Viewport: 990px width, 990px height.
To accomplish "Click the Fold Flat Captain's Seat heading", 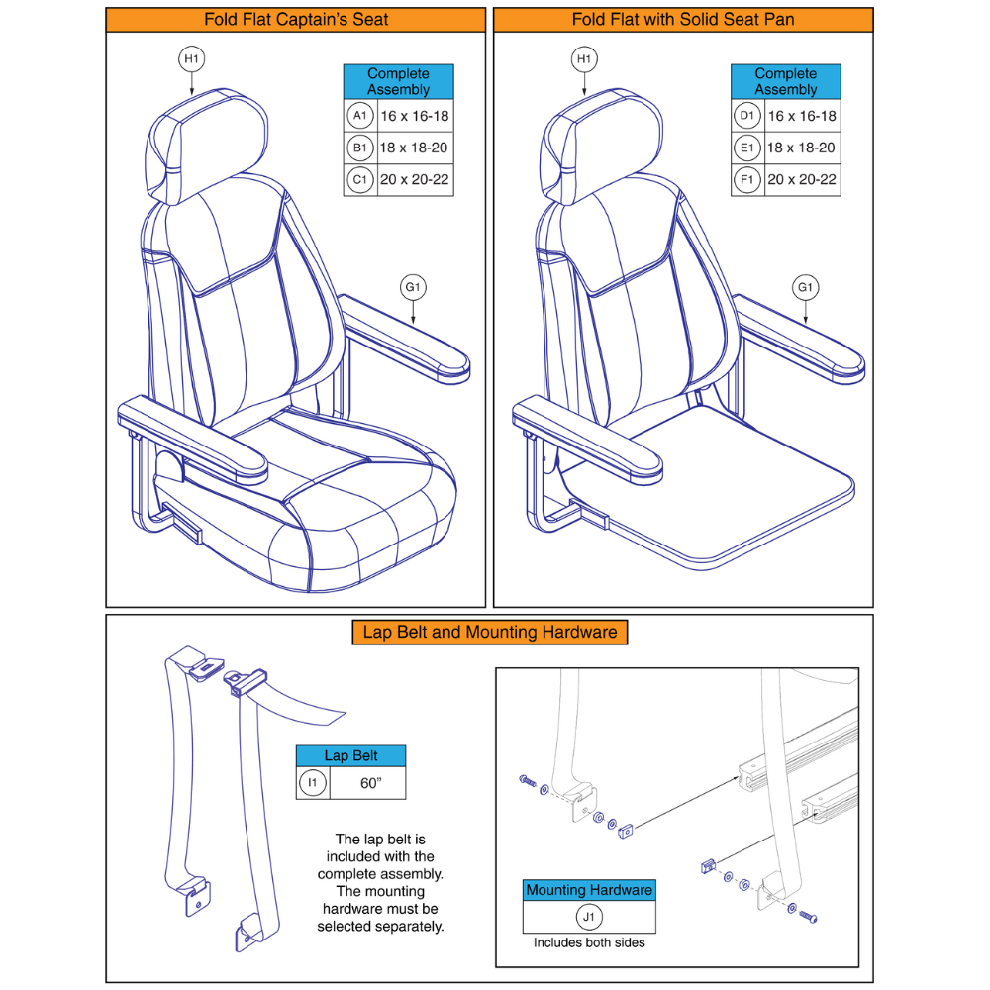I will (x=296, y=20).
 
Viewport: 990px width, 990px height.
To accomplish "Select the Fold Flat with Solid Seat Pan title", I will (x=683, y=20).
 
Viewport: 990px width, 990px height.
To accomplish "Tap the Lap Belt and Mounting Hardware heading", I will (x=490, y=632).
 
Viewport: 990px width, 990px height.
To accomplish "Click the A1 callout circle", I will (x=360, y=116).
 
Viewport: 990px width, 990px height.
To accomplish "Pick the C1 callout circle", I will (x=360, y=180).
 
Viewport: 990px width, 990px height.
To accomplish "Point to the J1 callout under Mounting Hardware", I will (x=589, y=917).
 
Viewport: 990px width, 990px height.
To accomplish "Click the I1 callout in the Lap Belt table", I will (x=313, y=783).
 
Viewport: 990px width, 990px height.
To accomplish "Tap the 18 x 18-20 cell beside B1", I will (x=414, y=148).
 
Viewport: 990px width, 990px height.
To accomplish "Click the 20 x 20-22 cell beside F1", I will (x=802, y=180).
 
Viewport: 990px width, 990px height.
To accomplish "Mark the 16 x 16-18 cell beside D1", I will (x=802, y=116).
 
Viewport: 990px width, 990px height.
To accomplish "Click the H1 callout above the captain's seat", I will (x=191, y=60).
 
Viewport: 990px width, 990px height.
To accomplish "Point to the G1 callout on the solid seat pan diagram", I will (x=807, y=288).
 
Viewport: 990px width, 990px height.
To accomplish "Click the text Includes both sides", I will (x=589, y=942).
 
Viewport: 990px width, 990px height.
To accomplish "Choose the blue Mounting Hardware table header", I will (x=589, y=890).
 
